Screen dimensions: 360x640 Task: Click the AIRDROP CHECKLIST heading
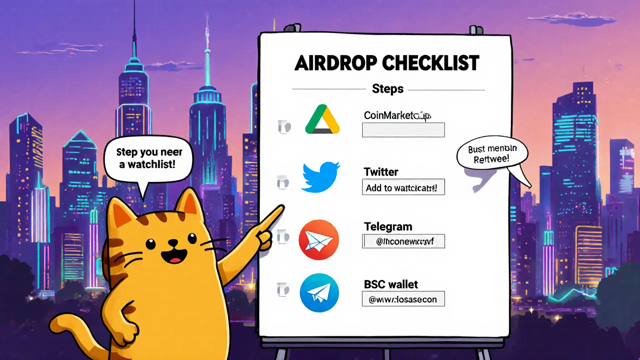(387, 63)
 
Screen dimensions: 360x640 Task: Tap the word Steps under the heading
(387, 89)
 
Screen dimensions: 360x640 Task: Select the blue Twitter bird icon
(320, 176)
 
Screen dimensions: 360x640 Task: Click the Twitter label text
(381, 172)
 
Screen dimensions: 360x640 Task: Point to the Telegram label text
(388, 226)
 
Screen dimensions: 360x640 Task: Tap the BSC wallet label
(391, 284)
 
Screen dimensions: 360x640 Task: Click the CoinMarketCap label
(397, 115)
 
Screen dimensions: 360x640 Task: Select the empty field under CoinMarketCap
(403, 130)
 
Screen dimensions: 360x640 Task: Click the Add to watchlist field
(403, 188)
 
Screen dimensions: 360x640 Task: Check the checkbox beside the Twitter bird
(281, 183)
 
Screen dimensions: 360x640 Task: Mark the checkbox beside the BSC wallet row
(281, 289)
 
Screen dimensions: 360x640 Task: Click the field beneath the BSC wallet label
(403, 299)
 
